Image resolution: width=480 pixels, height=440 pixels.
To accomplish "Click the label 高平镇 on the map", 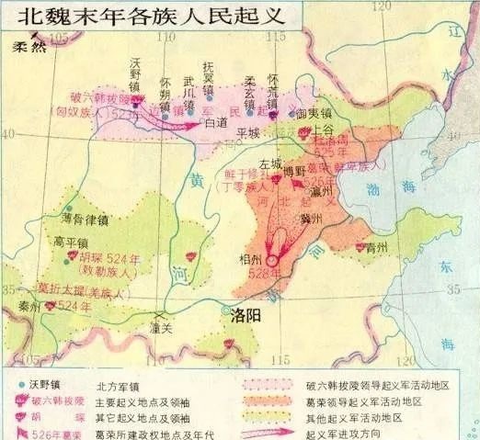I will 71,242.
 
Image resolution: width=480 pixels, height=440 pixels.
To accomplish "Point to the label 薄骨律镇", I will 85,220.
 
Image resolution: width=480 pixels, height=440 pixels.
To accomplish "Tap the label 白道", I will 215,122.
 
